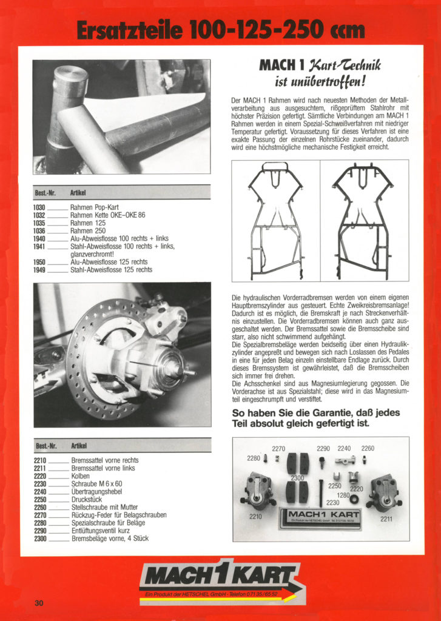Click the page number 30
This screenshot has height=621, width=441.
[x=39, y=603]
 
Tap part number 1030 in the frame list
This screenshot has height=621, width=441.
[x=39, y=207]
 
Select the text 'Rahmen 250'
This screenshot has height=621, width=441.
[x=87, y=231]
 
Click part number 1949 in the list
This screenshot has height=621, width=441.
[x=39, y=270]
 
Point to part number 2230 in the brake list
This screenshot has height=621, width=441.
[x=40, y=484]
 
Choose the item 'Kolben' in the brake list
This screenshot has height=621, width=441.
[x=80, y=476]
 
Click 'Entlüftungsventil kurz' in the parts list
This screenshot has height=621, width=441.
[x=101, y=531]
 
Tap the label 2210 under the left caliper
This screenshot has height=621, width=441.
[x=255, y=517]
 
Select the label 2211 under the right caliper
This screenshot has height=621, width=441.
[x=386, y=519]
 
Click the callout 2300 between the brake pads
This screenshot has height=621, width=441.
[x=297, y=478]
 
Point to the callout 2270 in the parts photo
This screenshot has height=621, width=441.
[x=278, y=449]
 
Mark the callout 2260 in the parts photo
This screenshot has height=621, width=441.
[x=368, y=449]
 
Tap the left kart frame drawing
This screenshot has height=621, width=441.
[x=277, y=221]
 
